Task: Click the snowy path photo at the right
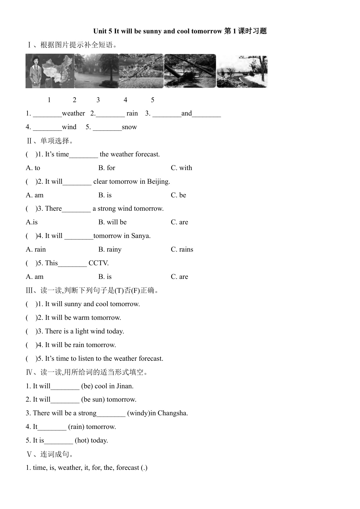click(x=242, y=71)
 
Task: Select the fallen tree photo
click(x=190, y=71)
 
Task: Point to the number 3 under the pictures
click(x=98, y=100)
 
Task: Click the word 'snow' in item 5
click(x=129, y=127)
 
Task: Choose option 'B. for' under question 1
click(x=107, y=168)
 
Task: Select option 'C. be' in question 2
click(x=178, y=195)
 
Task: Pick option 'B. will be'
click(x=113, y=222)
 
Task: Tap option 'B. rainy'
click(x=110, y=250)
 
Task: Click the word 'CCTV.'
click(x=99, y=263)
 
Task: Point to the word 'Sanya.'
click(x=141, y=236)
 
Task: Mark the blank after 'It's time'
click(x=84, y=155)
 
